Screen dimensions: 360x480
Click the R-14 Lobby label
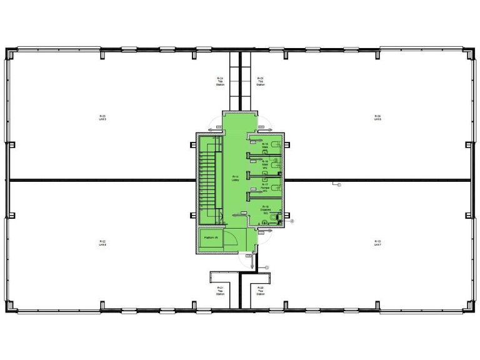(235, 178)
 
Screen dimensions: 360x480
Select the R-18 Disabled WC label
(265, 209)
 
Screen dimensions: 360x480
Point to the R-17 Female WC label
(265, 186)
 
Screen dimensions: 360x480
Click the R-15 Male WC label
(265, 146)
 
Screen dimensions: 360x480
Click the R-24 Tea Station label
(221, 81)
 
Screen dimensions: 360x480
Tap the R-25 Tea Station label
(261, 81)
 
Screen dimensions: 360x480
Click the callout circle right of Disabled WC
(291, 221)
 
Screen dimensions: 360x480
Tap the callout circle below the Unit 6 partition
(339, 185)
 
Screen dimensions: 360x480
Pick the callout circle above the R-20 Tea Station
(267, 267)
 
